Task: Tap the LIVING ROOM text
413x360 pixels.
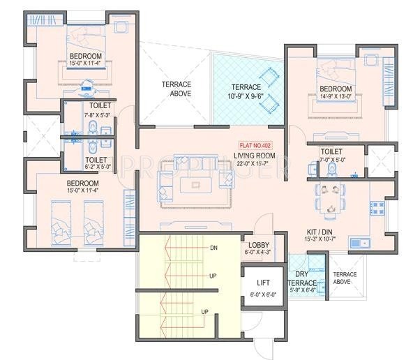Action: click(253, 156)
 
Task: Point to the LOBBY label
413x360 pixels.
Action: click(259, 245)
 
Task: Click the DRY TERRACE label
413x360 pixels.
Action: click(301, 279)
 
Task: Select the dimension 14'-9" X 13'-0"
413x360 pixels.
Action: click(336, 98)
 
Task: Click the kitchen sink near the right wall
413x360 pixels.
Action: click(361, 243)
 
